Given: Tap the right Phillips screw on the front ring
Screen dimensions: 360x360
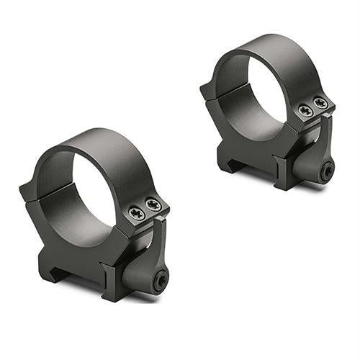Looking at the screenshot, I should pos(152,205).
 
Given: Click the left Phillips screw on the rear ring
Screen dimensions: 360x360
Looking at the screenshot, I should pos(305,111).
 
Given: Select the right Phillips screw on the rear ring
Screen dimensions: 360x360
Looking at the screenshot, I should pos(320,104).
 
